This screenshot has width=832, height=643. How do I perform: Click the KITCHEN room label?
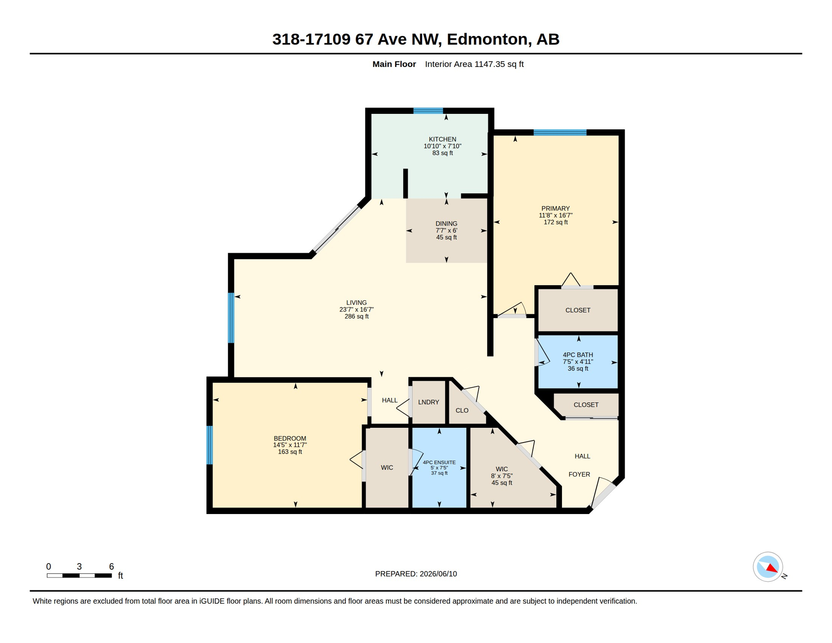442,139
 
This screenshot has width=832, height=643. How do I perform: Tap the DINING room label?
446,224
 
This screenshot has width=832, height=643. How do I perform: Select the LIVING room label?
356,303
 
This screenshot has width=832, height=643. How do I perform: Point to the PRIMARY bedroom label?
555,208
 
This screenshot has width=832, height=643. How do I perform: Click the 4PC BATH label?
578,355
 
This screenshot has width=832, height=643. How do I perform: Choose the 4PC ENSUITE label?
439,463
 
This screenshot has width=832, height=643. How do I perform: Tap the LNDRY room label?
429,402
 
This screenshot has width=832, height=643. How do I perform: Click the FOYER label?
579,474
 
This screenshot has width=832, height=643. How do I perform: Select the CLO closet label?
462,411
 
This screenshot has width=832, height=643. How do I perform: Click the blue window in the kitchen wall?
428,111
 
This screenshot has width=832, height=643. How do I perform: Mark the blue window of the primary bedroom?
560,133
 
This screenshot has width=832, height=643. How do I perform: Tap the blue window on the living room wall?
231,318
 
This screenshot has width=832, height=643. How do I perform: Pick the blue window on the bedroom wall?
210,445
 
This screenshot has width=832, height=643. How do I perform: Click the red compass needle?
772,568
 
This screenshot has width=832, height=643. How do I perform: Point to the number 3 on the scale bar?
79,566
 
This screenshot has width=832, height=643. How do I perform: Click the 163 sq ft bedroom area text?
290,452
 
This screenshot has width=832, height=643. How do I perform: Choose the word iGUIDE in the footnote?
212,602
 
